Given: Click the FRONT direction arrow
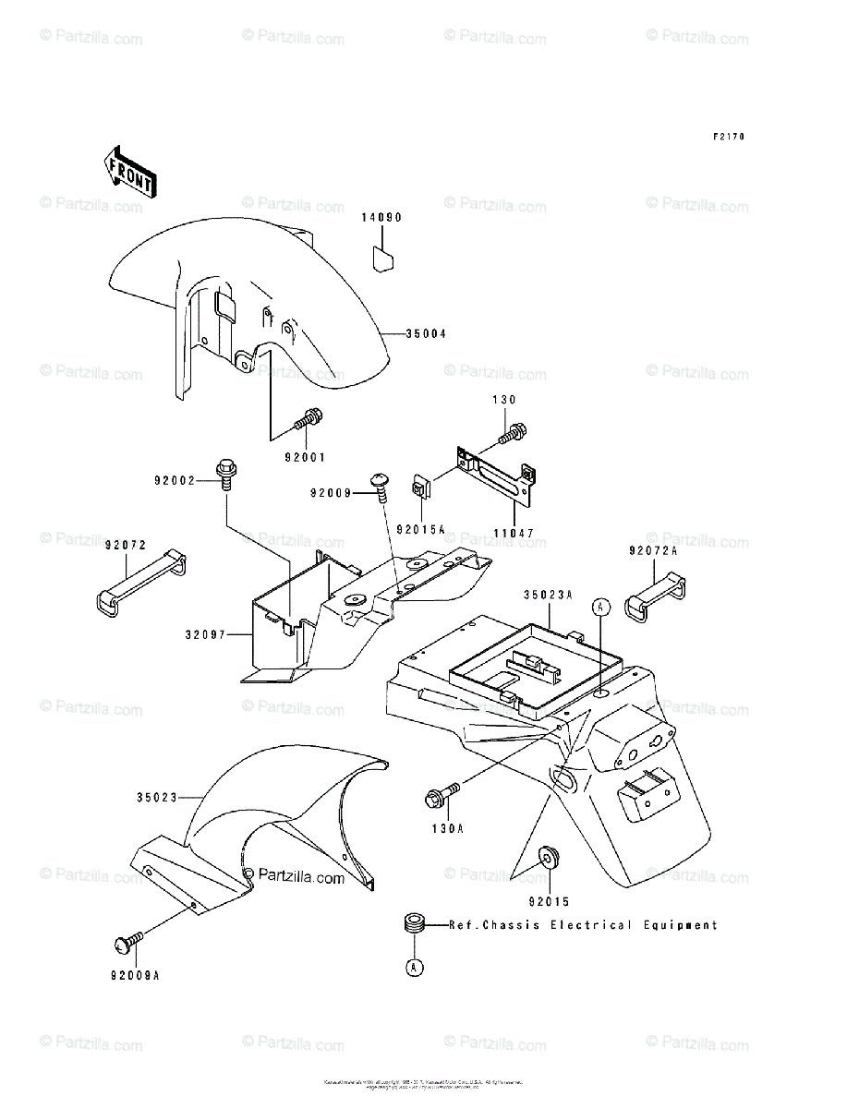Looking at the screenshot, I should tap(129, 172).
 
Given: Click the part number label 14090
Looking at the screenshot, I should tap(381, 219).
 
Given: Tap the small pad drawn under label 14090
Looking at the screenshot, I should tap(383, 257).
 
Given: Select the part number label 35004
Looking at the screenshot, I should tap(425, 334).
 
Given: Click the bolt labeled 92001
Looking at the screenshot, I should tap(308, 420).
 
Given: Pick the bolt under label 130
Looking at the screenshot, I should tap(513, 430).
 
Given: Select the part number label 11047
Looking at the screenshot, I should tap(512, 534).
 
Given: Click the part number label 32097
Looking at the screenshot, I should tap(205, 635).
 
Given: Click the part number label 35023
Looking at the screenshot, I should tap(157, 795).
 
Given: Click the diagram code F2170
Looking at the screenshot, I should tap(729, 137).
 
